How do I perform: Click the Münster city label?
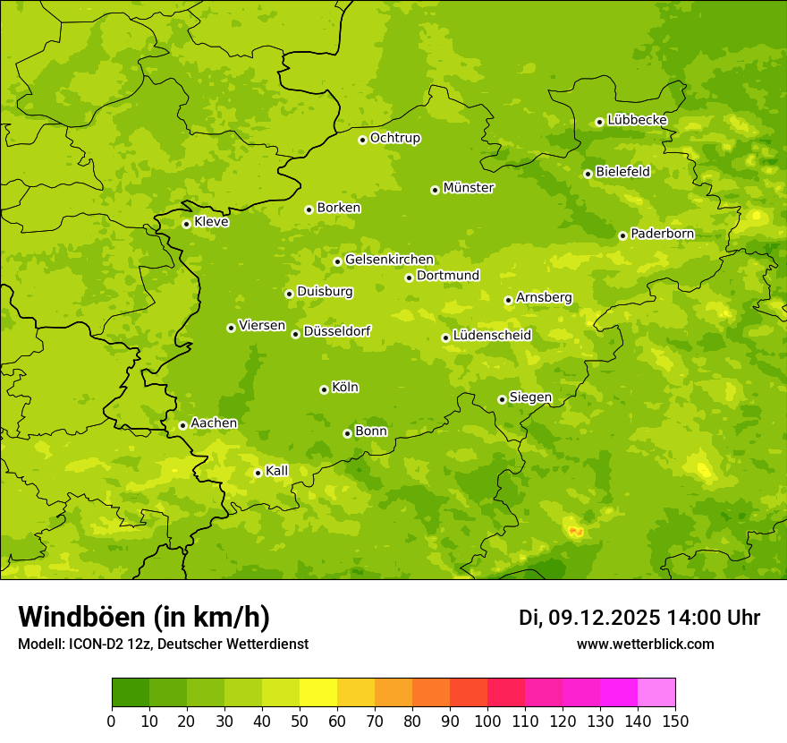click(x=469, y=188)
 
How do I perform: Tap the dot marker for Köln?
click(x=324, y=389)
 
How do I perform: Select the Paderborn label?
click(x=662, y=234)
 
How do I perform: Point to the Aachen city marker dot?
click(x=182, y=425)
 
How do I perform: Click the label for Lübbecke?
click(x=637, y=120)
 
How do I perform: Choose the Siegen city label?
click(x=530, y=397)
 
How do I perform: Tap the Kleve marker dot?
click(x=186, y=224)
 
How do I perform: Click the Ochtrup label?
click(x=394, y=138)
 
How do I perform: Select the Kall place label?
click(x=277, y=471)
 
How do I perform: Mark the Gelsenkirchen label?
click(x=389, y=260)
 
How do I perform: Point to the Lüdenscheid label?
click(x=492, y=336)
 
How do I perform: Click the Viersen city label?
click(x=262, y=326)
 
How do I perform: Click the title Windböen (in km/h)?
click(x=144, y=617)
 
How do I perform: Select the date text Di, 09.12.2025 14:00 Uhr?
click(x=639, y=618)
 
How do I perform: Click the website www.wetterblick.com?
click(x=645, y=645)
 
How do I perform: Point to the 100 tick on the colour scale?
click(x=487, y=720)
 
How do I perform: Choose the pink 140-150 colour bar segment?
click(x=656, y=693)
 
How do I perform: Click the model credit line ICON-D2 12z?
click(x=163, y=645)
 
